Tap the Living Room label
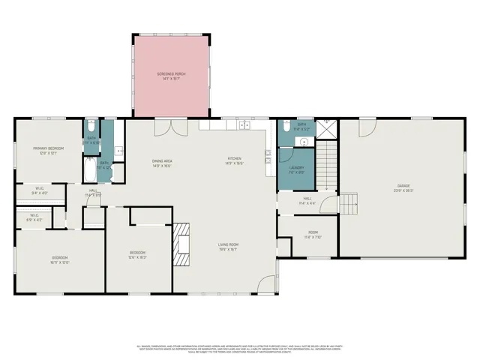228,247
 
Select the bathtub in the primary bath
90,169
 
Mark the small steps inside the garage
350,202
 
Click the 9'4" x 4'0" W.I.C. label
39,191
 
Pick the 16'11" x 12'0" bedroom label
59,260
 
